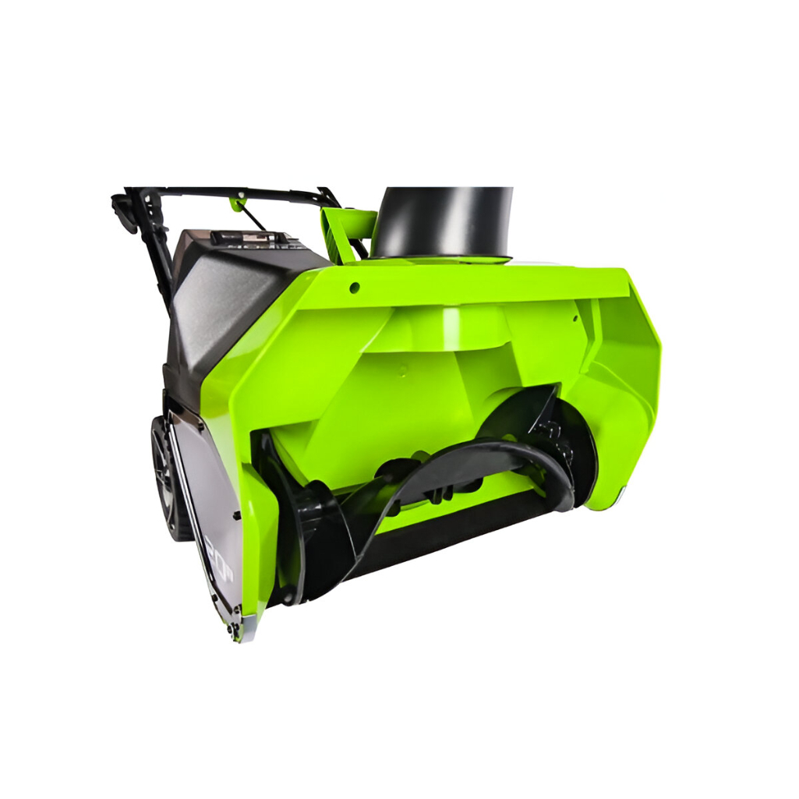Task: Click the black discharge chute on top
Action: coord(442,221)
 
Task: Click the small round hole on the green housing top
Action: coord(355,288)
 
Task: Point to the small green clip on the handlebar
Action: coord(236,204)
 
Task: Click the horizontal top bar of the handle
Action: coord(234,192)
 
